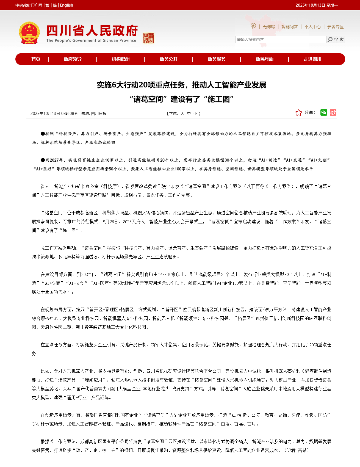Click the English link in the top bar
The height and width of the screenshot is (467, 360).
tap(67, 5)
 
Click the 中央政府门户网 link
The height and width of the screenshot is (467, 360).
tap(29, 5)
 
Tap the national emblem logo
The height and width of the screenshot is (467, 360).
tap(29, 33)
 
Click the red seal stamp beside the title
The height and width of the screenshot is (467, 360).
tap(149, 38)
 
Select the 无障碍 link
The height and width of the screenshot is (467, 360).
tap(268, 27)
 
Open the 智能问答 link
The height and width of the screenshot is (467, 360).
tap(289, 27)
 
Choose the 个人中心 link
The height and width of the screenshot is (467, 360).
tap(312, 27)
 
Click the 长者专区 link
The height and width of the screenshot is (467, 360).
tap(335, 27)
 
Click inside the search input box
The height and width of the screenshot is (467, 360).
tap(280, 40)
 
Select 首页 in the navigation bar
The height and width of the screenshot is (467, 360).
tap(36, 59)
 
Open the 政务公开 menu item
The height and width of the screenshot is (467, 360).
tap(168, 59)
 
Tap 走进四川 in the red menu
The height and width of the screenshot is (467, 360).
tap(312, 59)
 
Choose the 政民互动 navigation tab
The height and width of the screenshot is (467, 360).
tap(264, 59)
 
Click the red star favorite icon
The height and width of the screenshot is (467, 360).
tap(299, 113)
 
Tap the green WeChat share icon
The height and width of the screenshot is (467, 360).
tap(324, 112)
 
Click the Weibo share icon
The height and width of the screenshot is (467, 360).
tap(333, 112)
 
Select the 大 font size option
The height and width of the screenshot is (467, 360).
tap(182, 114)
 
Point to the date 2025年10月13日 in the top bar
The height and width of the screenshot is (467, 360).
tap(310, 5)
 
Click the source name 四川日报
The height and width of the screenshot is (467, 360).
tap(99, 114)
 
